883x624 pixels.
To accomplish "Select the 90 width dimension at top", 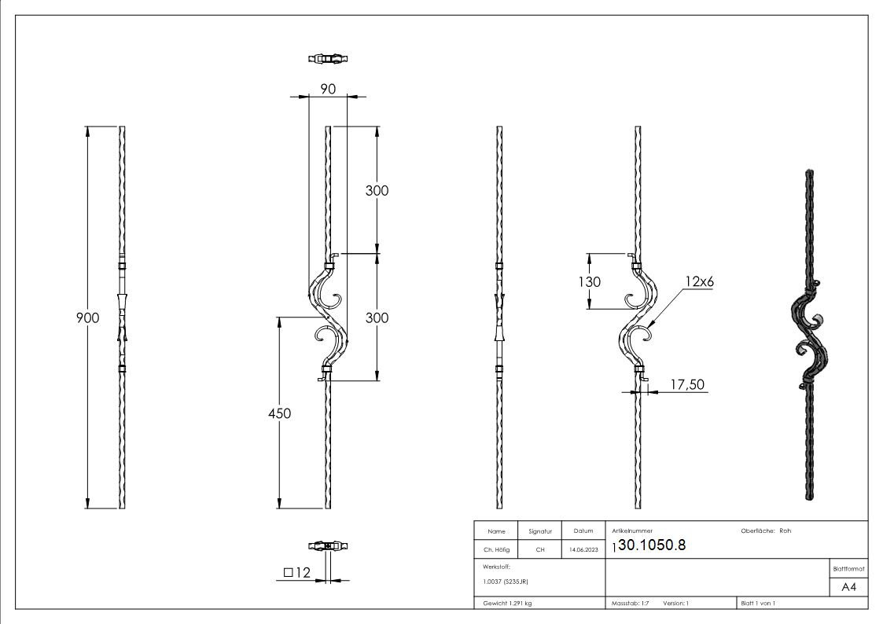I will pyautogui.click(x=327, y=89).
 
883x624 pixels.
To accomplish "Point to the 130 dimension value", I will pyautogui.click(x=589, y=282).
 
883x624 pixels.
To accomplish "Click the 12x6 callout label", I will pyautogui.click(x=698, y=281).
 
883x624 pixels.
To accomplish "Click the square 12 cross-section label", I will pyautogui.click(x=299, y=573).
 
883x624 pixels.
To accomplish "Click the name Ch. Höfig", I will pyautogui.click(x=496, y=550).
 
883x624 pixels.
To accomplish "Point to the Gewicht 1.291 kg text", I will pyautogui.click(x=507, y=604).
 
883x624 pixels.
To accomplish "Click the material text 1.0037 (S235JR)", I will pyautogui.click(x=506, y=581).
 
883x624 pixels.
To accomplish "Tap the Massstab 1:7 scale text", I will pyautogui.click(x=631, y=604).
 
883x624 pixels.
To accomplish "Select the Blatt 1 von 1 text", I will pyautogui.click(x=758, y=604).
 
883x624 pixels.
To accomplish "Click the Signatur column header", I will pyautogui.click(x=539, y=531).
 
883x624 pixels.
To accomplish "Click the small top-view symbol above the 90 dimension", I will pyautogui.click(x=327, y=58).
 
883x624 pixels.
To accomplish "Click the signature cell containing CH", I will pyautogui.click(x=539, y=550).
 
